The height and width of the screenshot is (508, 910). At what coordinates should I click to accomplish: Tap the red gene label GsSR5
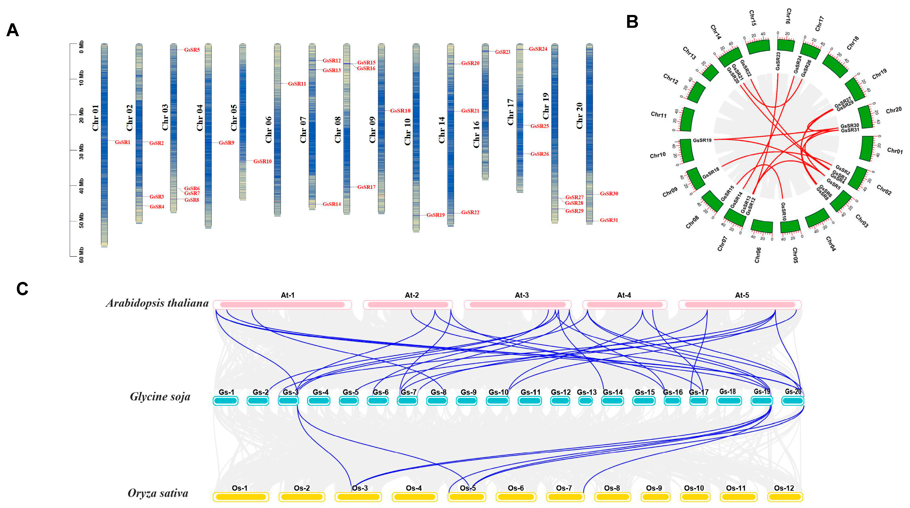point(192,50)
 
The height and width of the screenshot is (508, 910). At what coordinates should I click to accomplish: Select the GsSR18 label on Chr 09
point(400,111)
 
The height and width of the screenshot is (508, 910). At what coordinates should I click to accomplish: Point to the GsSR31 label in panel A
point(609,220)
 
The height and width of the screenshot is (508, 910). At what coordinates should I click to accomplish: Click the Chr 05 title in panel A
point(234,118)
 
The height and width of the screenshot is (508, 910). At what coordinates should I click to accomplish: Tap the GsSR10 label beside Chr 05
point(262,161)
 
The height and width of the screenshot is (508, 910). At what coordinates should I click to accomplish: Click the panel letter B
point(632,22)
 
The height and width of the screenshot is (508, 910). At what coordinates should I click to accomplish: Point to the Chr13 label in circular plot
point(689,53)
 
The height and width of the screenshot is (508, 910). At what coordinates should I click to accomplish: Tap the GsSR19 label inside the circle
point(702,140)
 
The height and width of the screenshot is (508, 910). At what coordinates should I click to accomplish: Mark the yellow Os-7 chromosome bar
point(565,497)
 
